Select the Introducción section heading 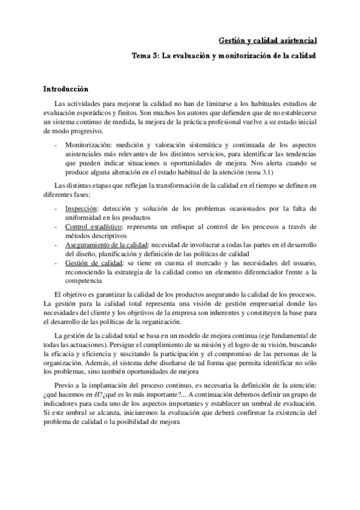click(x=66, y=88)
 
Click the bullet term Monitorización click(x=89, y=146)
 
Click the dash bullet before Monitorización click(x=56, y=146)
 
